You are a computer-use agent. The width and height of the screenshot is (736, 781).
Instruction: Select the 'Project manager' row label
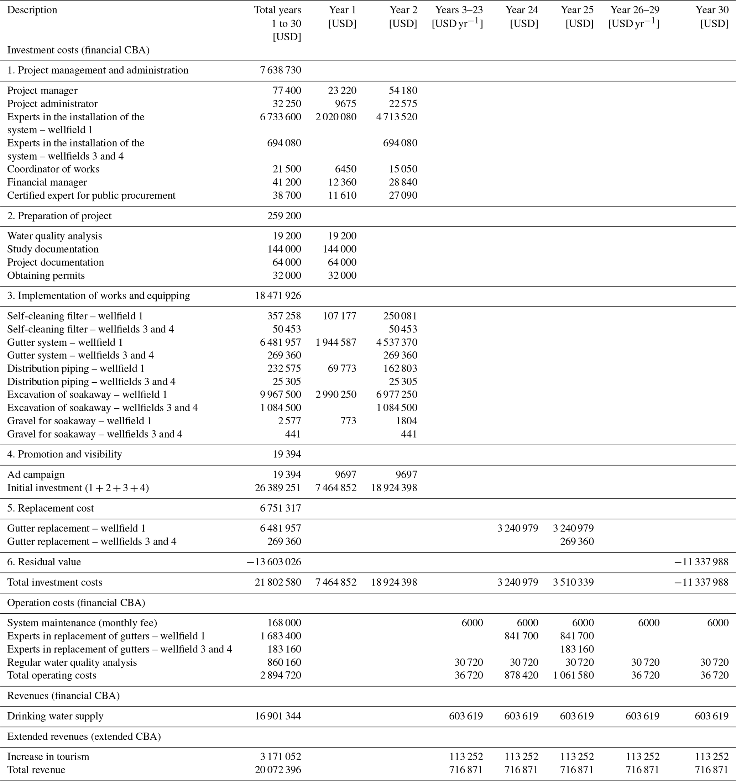tap(42, 91)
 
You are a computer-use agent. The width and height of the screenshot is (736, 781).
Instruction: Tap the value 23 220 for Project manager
tap(342, 91)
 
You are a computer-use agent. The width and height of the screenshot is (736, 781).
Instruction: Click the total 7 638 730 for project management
tap(280, 70)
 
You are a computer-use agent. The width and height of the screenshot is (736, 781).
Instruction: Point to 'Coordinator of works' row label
tap(53, 169)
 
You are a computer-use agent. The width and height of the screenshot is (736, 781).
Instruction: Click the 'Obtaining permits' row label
tap(46, 276)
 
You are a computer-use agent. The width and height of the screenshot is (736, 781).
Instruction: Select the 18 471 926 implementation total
tap(278, 296)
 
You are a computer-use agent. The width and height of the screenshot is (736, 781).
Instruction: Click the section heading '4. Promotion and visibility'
tap(65, 455)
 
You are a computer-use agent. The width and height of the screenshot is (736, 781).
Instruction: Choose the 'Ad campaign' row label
tap(36, 475)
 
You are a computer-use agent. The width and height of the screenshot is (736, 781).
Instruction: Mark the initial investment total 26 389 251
tap(278, 488)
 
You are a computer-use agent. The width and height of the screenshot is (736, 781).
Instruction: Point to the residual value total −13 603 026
tap(274, 562)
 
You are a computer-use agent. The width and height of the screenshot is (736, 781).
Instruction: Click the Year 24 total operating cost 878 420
tap(521, 675)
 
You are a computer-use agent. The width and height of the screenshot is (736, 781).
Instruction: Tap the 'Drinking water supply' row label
tap(56, 716)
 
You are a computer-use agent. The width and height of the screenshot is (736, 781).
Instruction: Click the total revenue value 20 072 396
tap(278, 770)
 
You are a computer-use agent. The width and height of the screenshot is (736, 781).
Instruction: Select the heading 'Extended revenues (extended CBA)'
tap(84, 737)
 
